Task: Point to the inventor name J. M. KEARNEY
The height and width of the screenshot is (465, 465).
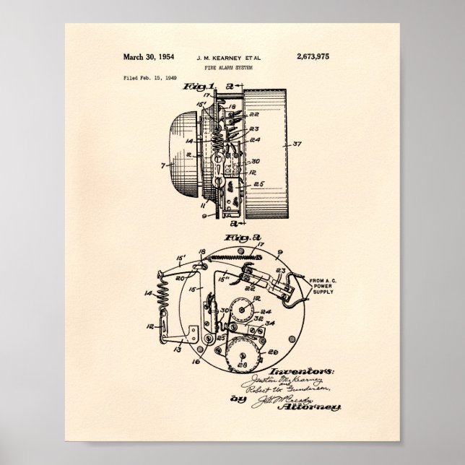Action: pyautogui.click(x=209, y=56)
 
